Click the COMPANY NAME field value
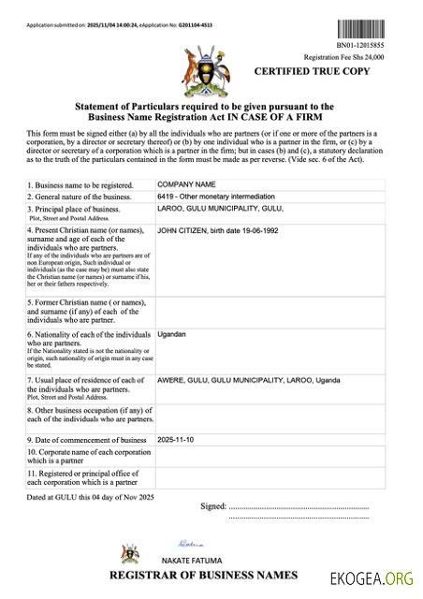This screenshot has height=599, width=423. [186, 184]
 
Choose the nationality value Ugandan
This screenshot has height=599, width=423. [171, 334]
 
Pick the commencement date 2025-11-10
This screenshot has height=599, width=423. [176, 439]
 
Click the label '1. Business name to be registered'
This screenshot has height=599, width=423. [80, 185]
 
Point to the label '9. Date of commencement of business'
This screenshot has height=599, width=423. [87, 440]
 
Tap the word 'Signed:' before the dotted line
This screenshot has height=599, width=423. [213, 506]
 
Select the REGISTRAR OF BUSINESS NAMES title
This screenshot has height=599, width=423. [204, 575]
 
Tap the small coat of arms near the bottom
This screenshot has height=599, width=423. [126, 551]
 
